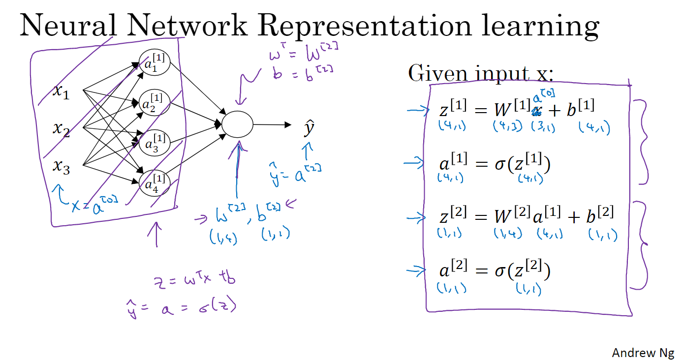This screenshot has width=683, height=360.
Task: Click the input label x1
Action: [x=61, y=91]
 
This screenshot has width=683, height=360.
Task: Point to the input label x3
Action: [x=61, y=168]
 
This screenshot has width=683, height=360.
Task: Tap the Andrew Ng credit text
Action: [x=643, y=353]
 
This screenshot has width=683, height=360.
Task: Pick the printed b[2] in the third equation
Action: [x=602, y=215]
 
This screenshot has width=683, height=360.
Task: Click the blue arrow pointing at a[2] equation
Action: [x=417, y=269]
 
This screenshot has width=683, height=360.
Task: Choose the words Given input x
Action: [x=480, y=74]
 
